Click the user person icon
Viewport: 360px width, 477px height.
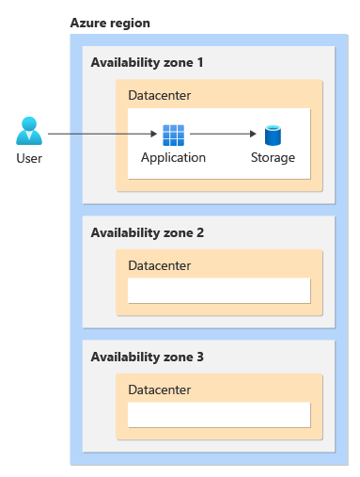click(29, 131)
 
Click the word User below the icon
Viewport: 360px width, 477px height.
click(29, 158)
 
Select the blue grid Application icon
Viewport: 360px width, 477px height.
click(173, 135)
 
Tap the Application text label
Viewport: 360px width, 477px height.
click(173, 157)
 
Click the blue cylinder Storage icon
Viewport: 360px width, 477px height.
click(273, 135)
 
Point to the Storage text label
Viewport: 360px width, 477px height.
click(273, 157)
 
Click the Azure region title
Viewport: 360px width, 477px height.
click(109, 22)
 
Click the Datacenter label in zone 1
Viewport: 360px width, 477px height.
click(160, 95)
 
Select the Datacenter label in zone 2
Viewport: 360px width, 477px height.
click(160, 265)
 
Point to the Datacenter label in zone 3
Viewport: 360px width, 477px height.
click(160, 390)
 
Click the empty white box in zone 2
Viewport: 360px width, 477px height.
click(219, 290)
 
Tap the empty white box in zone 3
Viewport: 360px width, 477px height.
click(219, 415)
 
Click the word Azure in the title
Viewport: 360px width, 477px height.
click(87, 22)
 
